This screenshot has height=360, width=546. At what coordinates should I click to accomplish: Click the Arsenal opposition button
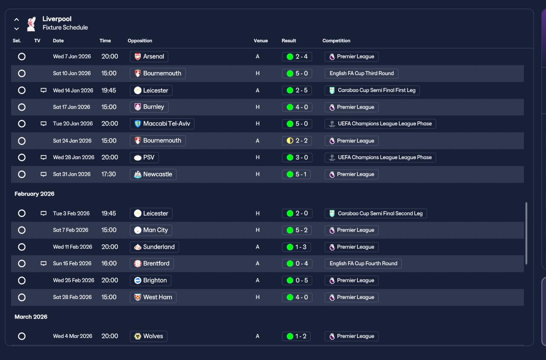[149, 56]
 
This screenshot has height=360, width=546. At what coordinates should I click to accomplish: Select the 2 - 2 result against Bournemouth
[297, 141]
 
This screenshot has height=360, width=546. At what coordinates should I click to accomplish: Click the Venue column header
[261, 41]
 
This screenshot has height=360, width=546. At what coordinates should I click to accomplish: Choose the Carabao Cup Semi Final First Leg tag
[372, 90]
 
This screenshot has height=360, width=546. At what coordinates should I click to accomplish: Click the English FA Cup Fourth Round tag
[363, 264]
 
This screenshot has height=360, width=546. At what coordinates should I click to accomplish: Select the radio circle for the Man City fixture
[22, 230]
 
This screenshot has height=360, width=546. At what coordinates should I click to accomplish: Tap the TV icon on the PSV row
[44, 157]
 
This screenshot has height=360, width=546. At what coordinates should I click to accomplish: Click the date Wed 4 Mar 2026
[73, 336]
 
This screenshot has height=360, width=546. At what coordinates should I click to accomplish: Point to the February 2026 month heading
[35, 194]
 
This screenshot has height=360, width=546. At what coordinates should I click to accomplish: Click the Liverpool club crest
[31, 24]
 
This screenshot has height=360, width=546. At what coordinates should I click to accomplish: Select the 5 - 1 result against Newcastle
[297, 174]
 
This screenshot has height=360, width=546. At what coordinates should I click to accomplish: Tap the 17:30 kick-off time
[108, 174]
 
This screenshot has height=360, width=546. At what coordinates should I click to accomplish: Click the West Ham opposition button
[153, 297]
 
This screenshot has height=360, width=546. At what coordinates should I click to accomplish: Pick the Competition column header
[336, 41]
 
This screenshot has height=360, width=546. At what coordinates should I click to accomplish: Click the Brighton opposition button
[150, 281]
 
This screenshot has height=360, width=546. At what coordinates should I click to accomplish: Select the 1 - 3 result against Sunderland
[297, 247]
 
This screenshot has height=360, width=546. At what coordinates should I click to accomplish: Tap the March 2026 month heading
[31, 317]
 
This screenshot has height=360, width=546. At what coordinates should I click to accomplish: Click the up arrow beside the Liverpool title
[17, 20]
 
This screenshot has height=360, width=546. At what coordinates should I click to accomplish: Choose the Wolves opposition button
[148, 336]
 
